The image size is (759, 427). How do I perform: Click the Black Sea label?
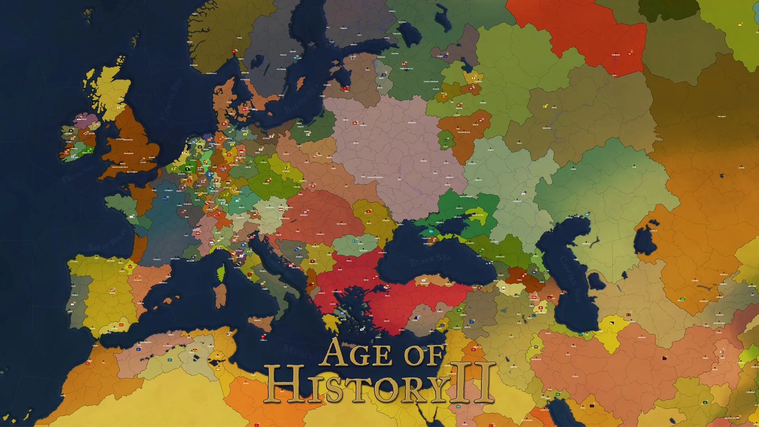pyautogui.click(x=430, y=261)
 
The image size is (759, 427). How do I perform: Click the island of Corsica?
pyautogui.click(x=221, y=272)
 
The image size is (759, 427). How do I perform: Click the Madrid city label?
pyautogui.click(x=112, y=293)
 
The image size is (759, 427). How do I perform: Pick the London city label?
pyautogui.click(x=143, y=162)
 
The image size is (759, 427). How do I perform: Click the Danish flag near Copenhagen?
pyautogui.click(x=245, y=109)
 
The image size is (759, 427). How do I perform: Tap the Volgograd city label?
pyautogui.click(x=517, y=201)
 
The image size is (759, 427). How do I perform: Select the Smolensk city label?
pyautogui.click(x=412, y=123)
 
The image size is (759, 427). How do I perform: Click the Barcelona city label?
pyautogui.click(x=163, y=283)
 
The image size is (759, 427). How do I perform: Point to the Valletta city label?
pyautogui.click(x=264, y=340)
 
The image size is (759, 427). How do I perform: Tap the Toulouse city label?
pyautogui.click(x=157, y=259)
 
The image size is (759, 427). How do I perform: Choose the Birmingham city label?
pyautogui.click(x=128, y=153)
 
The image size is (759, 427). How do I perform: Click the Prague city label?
pyautogui.click(x=266, y=183)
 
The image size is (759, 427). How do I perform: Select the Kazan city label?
pyautogui.click(x=554, y=108)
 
